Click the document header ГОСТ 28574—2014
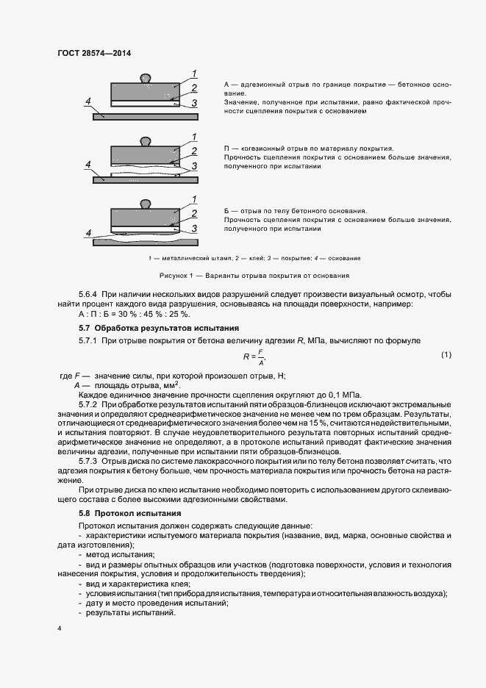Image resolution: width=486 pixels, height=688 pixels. tap(93, 53)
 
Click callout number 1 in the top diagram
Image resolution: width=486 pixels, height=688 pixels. tap(195, 73)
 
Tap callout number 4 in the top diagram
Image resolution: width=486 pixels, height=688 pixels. tap(87, 101)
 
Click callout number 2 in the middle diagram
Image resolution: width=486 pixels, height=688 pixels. tap(195, 151)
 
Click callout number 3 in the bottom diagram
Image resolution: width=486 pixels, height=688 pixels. tap(195, 229)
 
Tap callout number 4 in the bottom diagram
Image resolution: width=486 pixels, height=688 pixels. tap(87, 233)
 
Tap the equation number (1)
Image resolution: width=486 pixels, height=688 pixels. tap(446, 356)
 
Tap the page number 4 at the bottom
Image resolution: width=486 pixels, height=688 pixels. tap(60, 628)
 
